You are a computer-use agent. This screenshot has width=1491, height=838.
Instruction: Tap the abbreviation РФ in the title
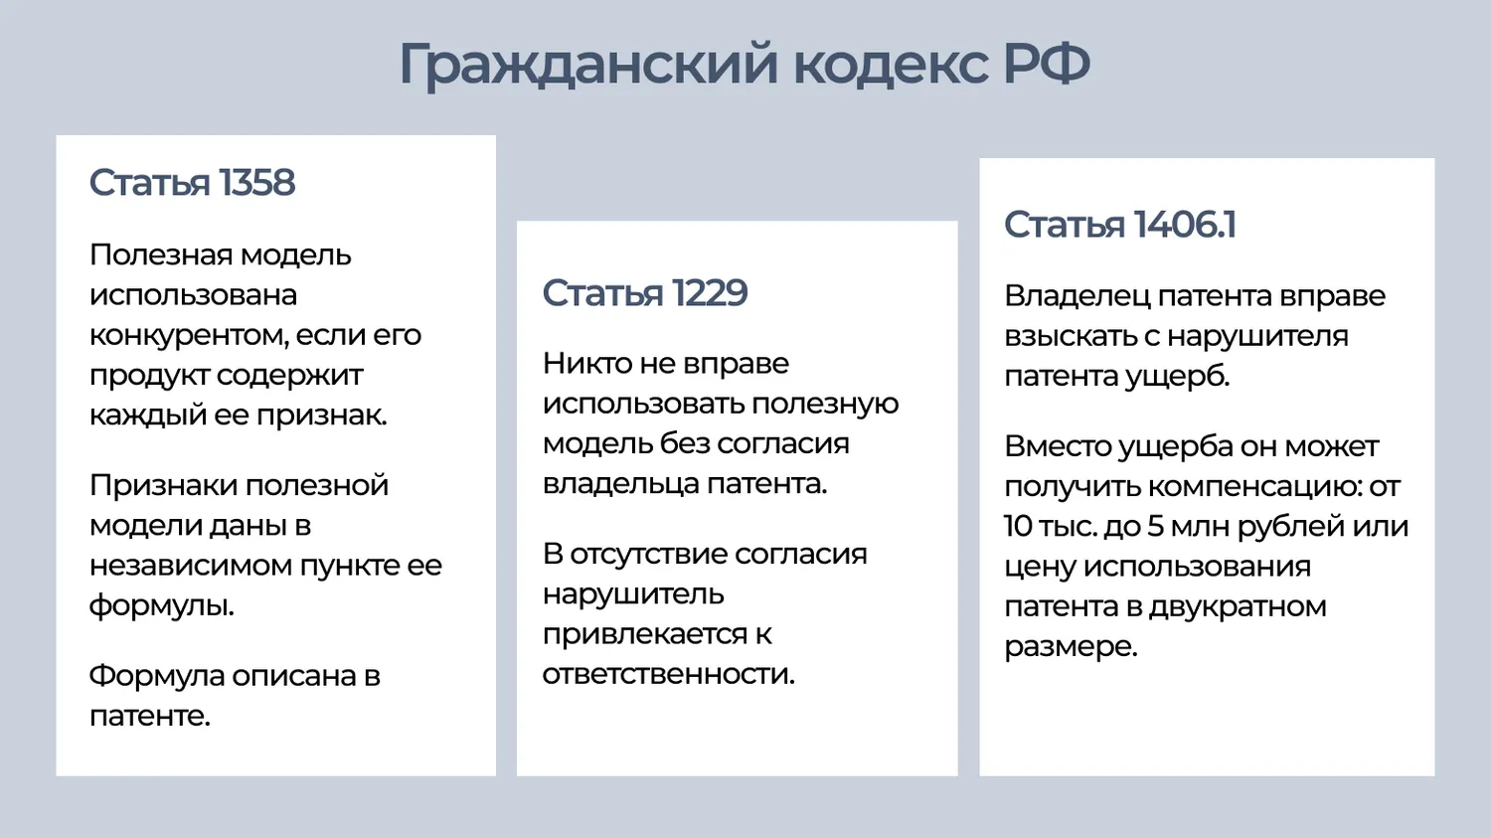(1047, 64)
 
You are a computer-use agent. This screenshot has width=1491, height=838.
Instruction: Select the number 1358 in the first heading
(256, 182)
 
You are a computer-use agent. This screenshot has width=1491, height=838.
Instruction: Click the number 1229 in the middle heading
(710, 293)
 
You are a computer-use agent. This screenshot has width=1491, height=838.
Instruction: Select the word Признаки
(164, 486)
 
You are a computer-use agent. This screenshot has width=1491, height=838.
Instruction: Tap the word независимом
(191, 566)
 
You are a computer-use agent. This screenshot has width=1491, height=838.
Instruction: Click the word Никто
(587, 364)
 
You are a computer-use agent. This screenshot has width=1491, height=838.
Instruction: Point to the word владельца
(621, 484)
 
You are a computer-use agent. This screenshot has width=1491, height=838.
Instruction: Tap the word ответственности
(668, 674)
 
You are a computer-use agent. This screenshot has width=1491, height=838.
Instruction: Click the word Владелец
(1077, 297)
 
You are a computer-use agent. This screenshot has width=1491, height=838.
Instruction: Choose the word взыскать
(1071, 336)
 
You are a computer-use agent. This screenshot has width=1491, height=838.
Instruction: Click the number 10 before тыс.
(1019, 527)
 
